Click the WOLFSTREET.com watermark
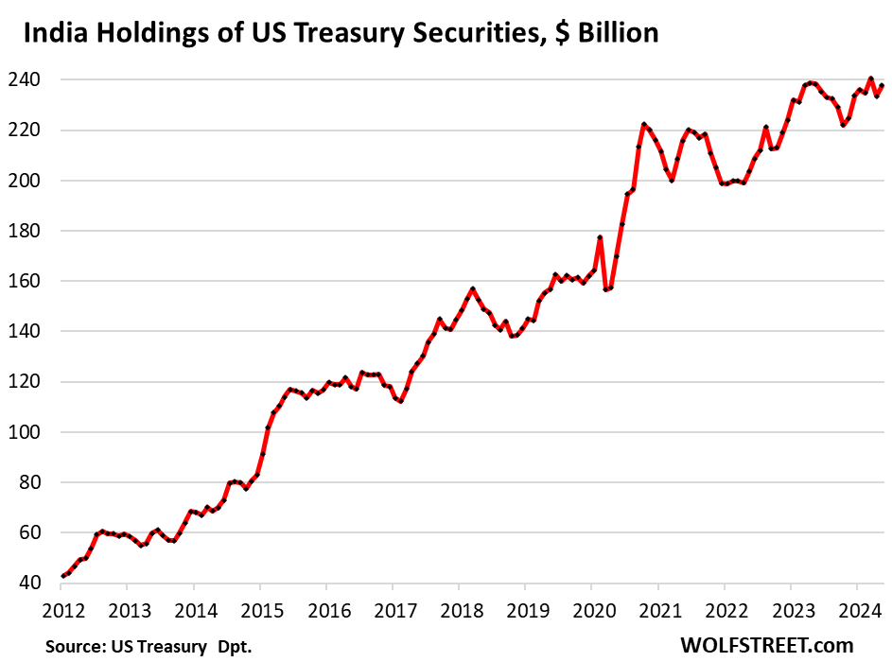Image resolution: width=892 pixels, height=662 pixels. point(766,645)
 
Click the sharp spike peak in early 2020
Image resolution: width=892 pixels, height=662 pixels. point(600,237)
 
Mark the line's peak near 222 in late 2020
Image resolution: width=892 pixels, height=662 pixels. point(643,125)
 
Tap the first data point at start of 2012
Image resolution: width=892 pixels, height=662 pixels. point(63,576)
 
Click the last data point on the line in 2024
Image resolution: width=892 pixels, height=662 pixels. point(882,86)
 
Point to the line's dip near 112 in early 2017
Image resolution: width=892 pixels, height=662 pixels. point(401,401)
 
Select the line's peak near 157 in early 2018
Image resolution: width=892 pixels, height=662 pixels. point(472,288)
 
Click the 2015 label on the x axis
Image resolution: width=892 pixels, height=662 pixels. point(260,609)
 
